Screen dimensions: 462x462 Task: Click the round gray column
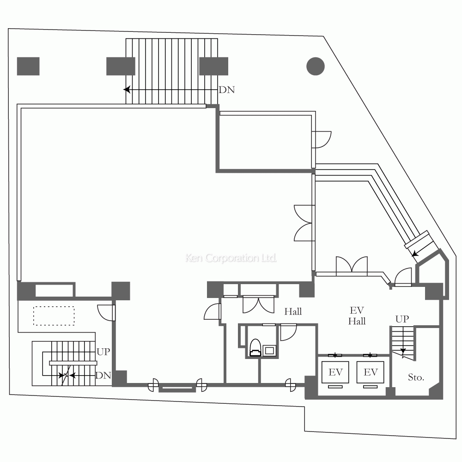(x=316, y=66)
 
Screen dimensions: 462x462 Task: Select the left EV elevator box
(x=335, y=372)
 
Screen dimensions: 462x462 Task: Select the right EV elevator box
(x=371, y=372)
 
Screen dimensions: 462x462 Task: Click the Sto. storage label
(x=416, y=377)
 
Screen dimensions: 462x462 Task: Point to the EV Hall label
(x=357, y=316)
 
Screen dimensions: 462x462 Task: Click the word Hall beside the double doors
(x=293, y=311)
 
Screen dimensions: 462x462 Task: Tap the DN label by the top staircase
(x=227, y=90)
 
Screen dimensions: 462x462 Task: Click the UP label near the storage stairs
(x=402, y=319)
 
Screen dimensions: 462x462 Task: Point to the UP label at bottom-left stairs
(x=103, y=352)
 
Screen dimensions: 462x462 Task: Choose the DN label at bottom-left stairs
(x=103, y=375)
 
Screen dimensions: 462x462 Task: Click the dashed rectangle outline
(x=54, y=316)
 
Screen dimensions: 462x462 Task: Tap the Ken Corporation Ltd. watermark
(x=231, y=258)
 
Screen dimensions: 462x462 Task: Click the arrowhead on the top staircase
(x=127, y=89)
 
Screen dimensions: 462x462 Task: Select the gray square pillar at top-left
(x=28, y=66)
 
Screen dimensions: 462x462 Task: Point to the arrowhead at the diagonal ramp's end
(x=415, y=253)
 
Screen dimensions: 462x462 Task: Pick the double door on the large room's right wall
(x=304, y=223)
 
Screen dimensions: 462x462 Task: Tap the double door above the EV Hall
(x=352, y=266)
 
